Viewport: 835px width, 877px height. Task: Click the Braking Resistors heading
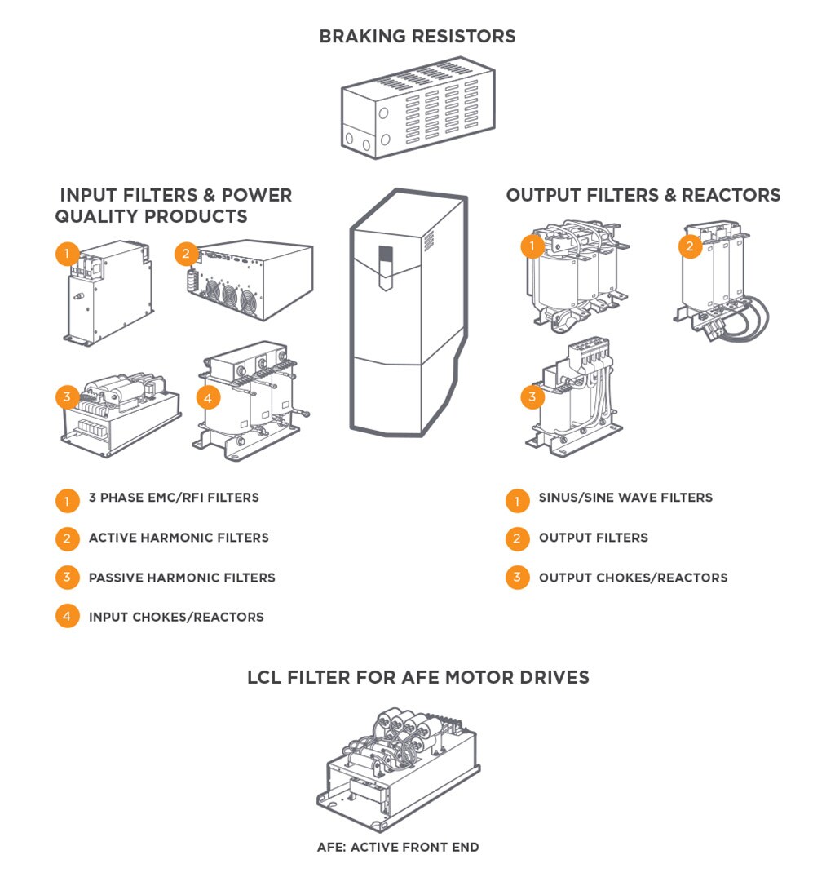coord(417,37)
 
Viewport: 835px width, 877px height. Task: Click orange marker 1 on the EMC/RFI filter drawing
coord(67,255)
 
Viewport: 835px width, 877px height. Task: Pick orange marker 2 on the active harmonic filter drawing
coord(186,254)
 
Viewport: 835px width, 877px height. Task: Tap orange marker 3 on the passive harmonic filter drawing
coord(67,398)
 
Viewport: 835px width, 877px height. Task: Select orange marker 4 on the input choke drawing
coord(209,398)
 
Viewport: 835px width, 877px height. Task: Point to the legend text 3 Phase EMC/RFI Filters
coord(174,498)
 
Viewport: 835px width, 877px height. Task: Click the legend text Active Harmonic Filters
coord(179,538)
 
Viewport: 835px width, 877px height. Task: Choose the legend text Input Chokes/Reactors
coord(176,618)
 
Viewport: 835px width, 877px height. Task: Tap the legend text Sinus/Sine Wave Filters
coord(625,498)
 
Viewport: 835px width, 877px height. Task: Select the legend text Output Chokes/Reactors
coord(633,578)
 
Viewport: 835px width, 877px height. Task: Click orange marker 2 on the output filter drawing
coord(690,246)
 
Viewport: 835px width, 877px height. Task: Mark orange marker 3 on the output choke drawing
coord(532,398)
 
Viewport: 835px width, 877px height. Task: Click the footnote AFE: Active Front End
coord(398,847)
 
